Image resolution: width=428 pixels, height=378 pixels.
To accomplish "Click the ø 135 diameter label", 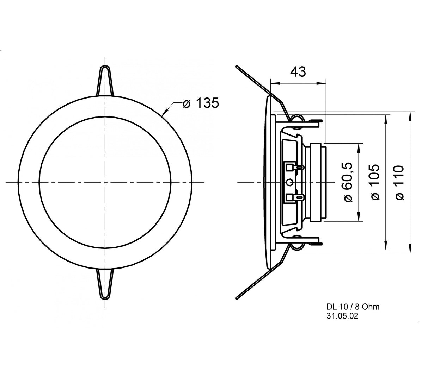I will (x=201, y=103).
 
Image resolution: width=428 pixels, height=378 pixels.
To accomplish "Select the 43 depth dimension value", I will (x=298, y=72).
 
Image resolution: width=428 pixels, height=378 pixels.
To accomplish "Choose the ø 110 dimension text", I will (x=399, y=183).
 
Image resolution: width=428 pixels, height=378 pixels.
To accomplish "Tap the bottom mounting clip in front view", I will (x=105, y=284).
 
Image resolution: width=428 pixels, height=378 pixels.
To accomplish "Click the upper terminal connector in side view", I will (x=293, y=167).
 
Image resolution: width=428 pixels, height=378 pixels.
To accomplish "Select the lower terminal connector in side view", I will (x=293, y=197).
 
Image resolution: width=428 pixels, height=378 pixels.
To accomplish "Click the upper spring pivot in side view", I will (x=296, y=119).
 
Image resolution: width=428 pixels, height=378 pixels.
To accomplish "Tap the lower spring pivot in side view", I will (x=296, y=242).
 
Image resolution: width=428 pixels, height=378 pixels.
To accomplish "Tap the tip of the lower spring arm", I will (x=236, y=298).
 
